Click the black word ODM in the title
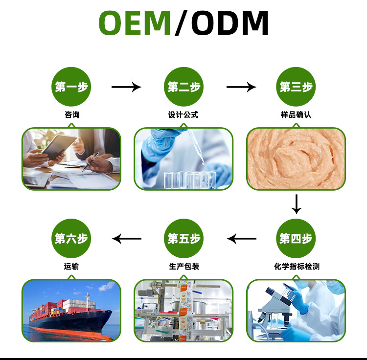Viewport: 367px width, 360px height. click(x=230, y=22)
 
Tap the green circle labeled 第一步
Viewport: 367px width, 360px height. click(x=71, y=87)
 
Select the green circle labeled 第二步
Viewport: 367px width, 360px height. click(x=183, y=87)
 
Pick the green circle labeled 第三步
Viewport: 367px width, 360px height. click(x=296, y=87)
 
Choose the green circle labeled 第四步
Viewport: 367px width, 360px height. click(x=296, y=239)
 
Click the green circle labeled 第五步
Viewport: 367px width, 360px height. click(x=183, y=239)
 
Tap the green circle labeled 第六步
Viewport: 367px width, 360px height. click(x=71, y=239)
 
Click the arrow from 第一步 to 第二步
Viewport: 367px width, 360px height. click(x=126, y=87)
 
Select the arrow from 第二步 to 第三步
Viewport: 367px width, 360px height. click(x=241, y=87)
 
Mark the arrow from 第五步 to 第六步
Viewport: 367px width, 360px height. click(x=127, y=239)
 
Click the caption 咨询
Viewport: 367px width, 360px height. click(x=71, y=115)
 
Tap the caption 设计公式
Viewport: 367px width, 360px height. click(x=183, y=115)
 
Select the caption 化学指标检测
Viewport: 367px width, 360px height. click(x=297, y=267)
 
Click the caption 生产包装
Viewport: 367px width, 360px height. click(x=184, y=267)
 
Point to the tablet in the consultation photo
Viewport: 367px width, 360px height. click(x=58, y=146)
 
